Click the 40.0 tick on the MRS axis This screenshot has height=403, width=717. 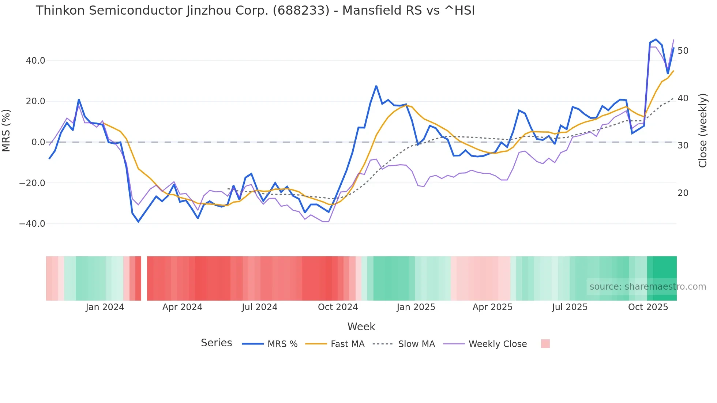pyautogui.click(x=35, y=61)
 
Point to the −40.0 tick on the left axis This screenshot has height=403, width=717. pyautogui.click(x=32, y=224)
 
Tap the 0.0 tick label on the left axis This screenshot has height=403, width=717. pyautogui.click(x=38, y=142)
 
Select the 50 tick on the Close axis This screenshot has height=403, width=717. pyautogui.click(x=683, y=51)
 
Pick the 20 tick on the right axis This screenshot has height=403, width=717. pyautogui.click(x=683, y=193)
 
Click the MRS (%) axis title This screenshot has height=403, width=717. pyautogui.click(x=6, y=131)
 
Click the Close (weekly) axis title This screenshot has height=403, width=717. pyautogui.click(x=702, y=131)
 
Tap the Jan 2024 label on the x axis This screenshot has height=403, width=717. pyautogui.click(x=105, y=307)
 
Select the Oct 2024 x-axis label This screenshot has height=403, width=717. pyautogui.click(x=338, y=307)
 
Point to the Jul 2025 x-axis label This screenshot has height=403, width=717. pyautogui.click(x=570, y=307)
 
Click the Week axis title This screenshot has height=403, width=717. pyautogui.click(x=361, y=327)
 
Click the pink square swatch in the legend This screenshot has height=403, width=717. pyautogui.click(x=545, y=344)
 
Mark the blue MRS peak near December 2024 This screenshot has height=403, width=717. pyautogui.click(x=376, y=86)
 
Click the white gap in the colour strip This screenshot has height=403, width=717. pyautogui.click(x=144, y=278)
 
